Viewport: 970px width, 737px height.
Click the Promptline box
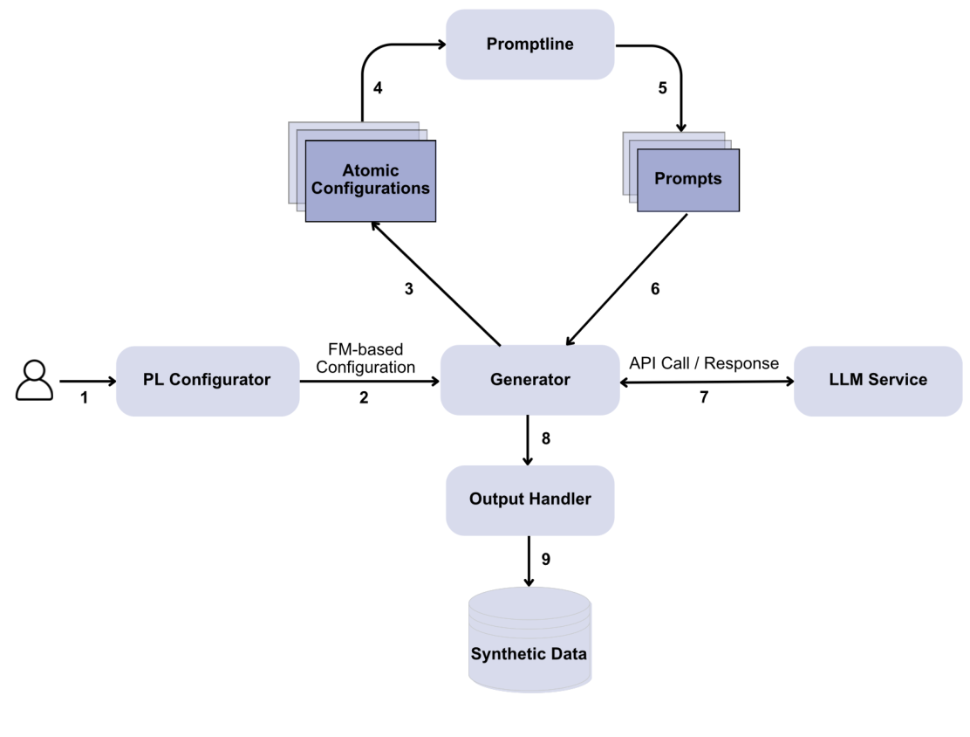tap(529, 45)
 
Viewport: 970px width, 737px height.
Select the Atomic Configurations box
tap(370, 180)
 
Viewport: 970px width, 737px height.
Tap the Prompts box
tap(688, 179)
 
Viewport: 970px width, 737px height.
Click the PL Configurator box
tap(207, 380)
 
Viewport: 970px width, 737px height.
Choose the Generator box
tap(529, 380)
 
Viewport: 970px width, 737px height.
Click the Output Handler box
tap(529, 499)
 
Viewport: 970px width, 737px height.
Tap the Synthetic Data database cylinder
tap(529, 641)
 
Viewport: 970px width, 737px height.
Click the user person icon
tap(34, 380)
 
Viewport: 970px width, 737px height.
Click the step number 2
tap(364, 398)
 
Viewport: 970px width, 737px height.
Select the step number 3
tap(408, 289)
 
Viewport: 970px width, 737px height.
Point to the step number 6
tap(655, 289)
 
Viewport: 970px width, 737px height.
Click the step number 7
tap(704, 398)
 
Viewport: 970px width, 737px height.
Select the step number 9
tap(546, 559)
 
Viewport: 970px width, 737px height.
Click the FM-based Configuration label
tap(365, 359)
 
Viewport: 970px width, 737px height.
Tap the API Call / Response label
tap(704, 363)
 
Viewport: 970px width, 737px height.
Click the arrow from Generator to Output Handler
tap(529, 440)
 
